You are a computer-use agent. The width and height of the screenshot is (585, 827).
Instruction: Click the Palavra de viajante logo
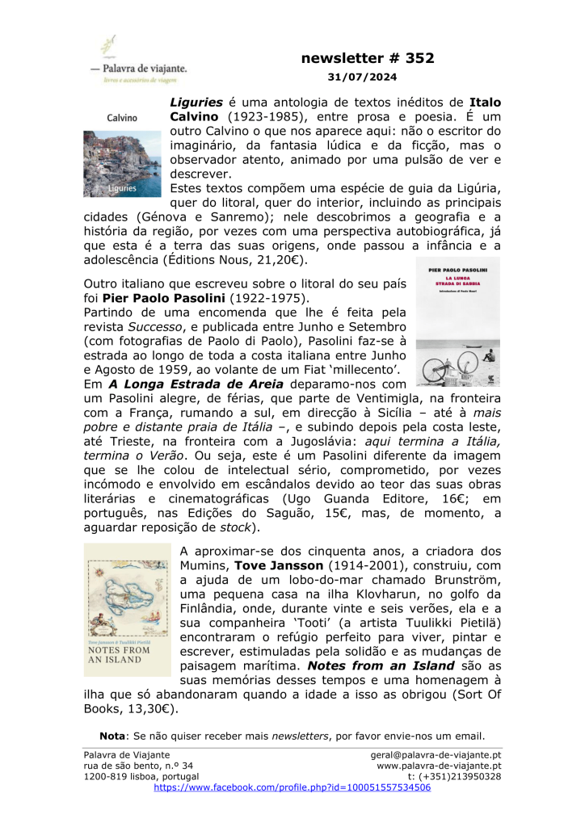[x=138, y=61]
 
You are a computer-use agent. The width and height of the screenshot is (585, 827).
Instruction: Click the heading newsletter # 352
[x=368, y=58]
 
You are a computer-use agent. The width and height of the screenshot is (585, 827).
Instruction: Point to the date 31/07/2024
[x=362, y=78]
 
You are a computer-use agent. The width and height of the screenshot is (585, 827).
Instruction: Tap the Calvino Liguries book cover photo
[x=122, y=162]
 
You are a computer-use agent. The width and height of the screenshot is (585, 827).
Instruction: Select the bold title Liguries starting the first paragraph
[x=196, y=103]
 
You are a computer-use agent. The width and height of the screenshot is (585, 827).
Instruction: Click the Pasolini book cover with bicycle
[x=457, y=322]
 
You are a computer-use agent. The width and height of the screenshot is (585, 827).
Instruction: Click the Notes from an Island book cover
[x=128, y=610]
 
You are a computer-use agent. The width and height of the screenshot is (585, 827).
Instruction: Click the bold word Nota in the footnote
[x=112, y=736]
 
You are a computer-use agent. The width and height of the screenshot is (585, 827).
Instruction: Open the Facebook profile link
[x=292, y=787]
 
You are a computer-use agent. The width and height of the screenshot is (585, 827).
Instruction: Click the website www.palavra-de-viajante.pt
[x=440, y=766]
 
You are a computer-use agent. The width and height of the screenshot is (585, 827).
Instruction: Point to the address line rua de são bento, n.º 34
[x=139, y=766]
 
